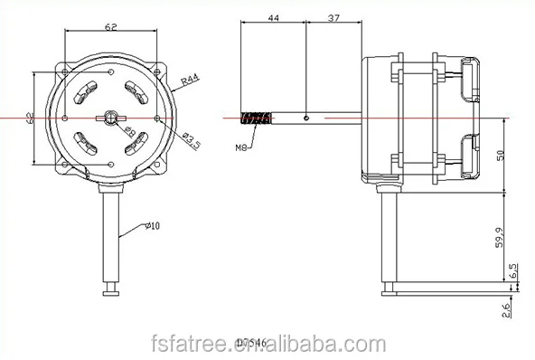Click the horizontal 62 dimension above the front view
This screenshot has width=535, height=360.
[x=110, y=28]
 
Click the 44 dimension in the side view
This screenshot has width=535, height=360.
[x=274, y=16]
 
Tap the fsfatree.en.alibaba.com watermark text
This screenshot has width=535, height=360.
[x=267, y=344]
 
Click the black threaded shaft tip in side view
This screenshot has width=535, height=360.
[x=256, y=117]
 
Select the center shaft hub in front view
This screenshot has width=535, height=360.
[x=110, y=117]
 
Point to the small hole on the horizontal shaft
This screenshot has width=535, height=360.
[x=307, y=117]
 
